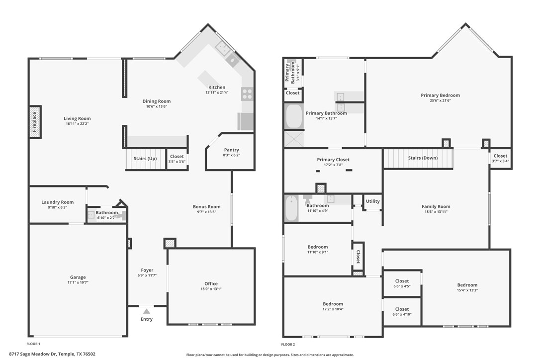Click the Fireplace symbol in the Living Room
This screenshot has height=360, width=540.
point(34,122)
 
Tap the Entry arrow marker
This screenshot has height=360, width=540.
point(146,311)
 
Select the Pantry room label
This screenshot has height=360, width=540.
point(231,150)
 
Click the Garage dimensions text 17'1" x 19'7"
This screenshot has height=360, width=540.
point(78,282)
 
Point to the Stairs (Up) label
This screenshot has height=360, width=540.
point(145,159)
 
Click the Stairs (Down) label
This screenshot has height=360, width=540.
point(423,158)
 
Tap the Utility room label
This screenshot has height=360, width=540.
point(372,201)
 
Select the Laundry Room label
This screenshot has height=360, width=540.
point(57,202)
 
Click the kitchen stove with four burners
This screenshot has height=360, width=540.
point(247,93)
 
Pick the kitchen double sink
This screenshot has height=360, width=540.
point(223,49)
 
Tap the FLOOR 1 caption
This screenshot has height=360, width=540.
point(33,344)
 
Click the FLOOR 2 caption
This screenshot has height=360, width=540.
point(288,344)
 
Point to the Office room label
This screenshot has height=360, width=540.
point(211,284)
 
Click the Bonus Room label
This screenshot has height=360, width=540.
point(206,207)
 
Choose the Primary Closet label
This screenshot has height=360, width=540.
point(333,160)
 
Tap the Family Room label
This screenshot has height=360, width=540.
point(436,206)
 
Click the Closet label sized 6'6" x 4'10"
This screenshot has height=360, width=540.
point(402,309)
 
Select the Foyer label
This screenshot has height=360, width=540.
point(147,270)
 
